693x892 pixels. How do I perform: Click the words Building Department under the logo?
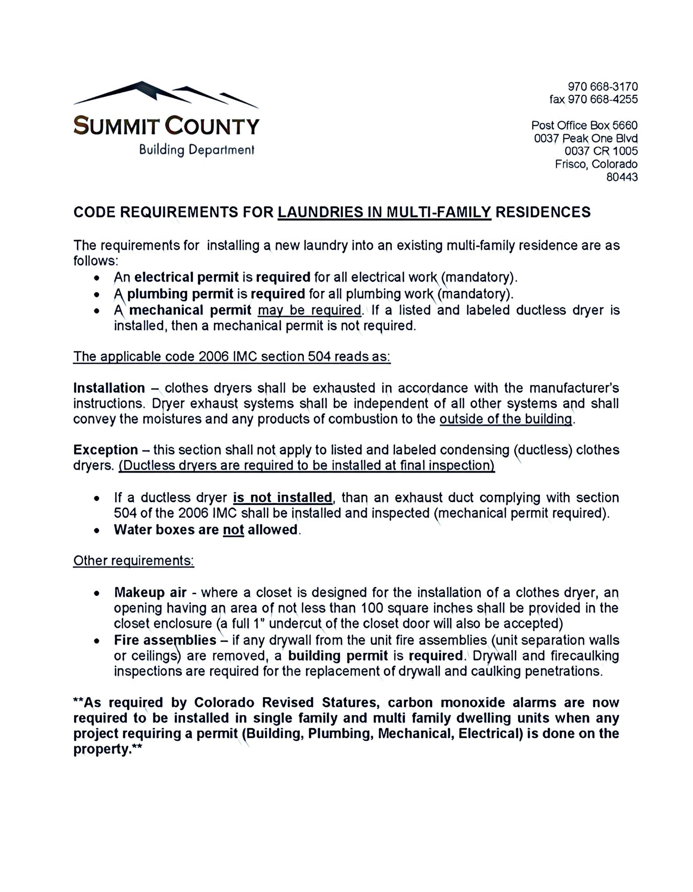pos(196,150)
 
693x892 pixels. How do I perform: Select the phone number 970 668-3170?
pos(602,86)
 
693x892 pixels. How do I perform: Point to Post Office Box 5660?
pos(584,125)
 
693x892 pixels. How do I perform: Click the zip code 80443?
pos(622,177)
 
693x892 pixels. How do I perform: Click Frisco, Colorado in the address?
pos(596,164)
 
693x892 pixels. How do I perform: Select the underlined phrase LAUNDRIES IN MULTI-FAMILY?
pos(384,212)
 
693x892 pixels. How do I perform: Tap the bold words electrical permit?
pos(187,277)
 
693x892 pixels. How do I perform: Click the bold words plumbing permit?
pos(181,294)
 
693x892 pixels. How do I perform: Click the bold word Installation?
pos(109,388)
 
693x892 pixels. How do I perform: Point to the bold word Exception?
pos(105,450)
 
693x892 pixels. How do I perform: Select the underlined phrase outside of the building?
pos(506,419)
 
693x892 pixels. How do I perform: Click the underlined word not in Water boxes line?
pos(233,529)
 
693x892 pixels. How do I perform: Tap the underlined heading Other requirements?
pos(133,561)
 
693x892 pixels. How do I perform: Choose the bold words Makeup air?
pos(150,592)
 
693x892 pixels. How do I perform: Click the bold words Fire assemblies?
pos(165,640)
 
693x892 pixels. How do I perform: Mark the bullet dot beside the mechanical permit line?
pos(96,311)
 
